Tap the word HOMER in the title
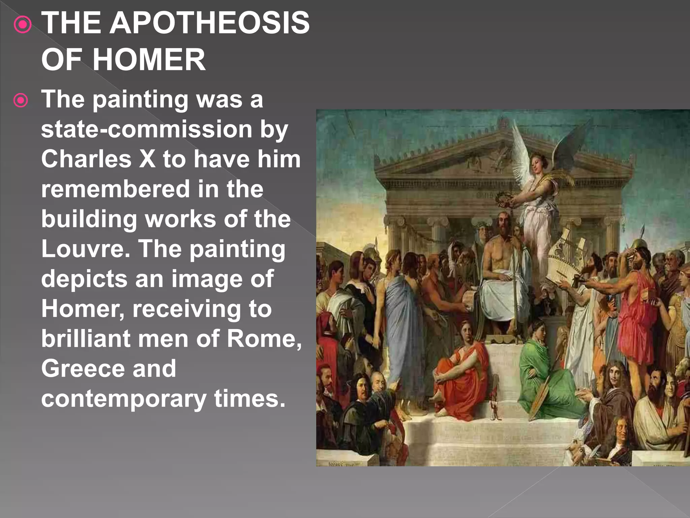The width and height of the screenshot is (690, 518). (x=149, y=60)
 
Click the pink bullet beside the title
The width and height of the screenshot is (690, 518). (x=23, y=24)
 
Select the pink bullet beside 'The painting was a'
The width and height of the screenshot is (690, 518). (x=21, y=100)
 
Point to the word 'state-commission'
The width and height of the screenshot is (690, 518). (x=147, y=129)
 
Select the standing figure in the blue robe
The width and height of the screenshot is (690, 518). (x=401, y=324)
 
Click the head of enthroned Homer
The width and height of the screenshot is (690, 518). (x=503, y=224)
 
